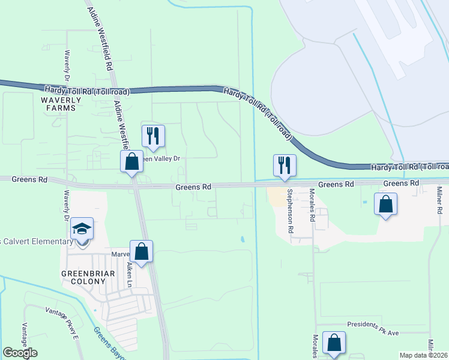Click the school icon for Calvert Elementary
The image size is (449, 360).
click(x=82, y=229)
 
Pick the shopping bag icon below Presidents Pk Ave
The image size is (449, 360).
click(x=334, y=343)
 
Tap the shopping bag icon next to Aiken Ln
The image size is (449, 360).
click(x=141, y=251)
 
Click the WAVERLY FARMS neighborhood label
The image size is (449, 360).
click(x=58, y=104)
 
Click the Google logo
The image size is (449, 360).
click(x=20, y=353)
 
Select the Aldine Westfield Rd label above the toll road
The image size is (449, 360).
click(x=101, y=37)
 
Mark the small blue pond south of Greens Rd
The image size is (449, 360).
click(x=243, y=239)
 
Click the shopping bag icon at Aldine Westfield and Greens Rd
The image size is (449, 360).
click(x=131, y=161)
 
